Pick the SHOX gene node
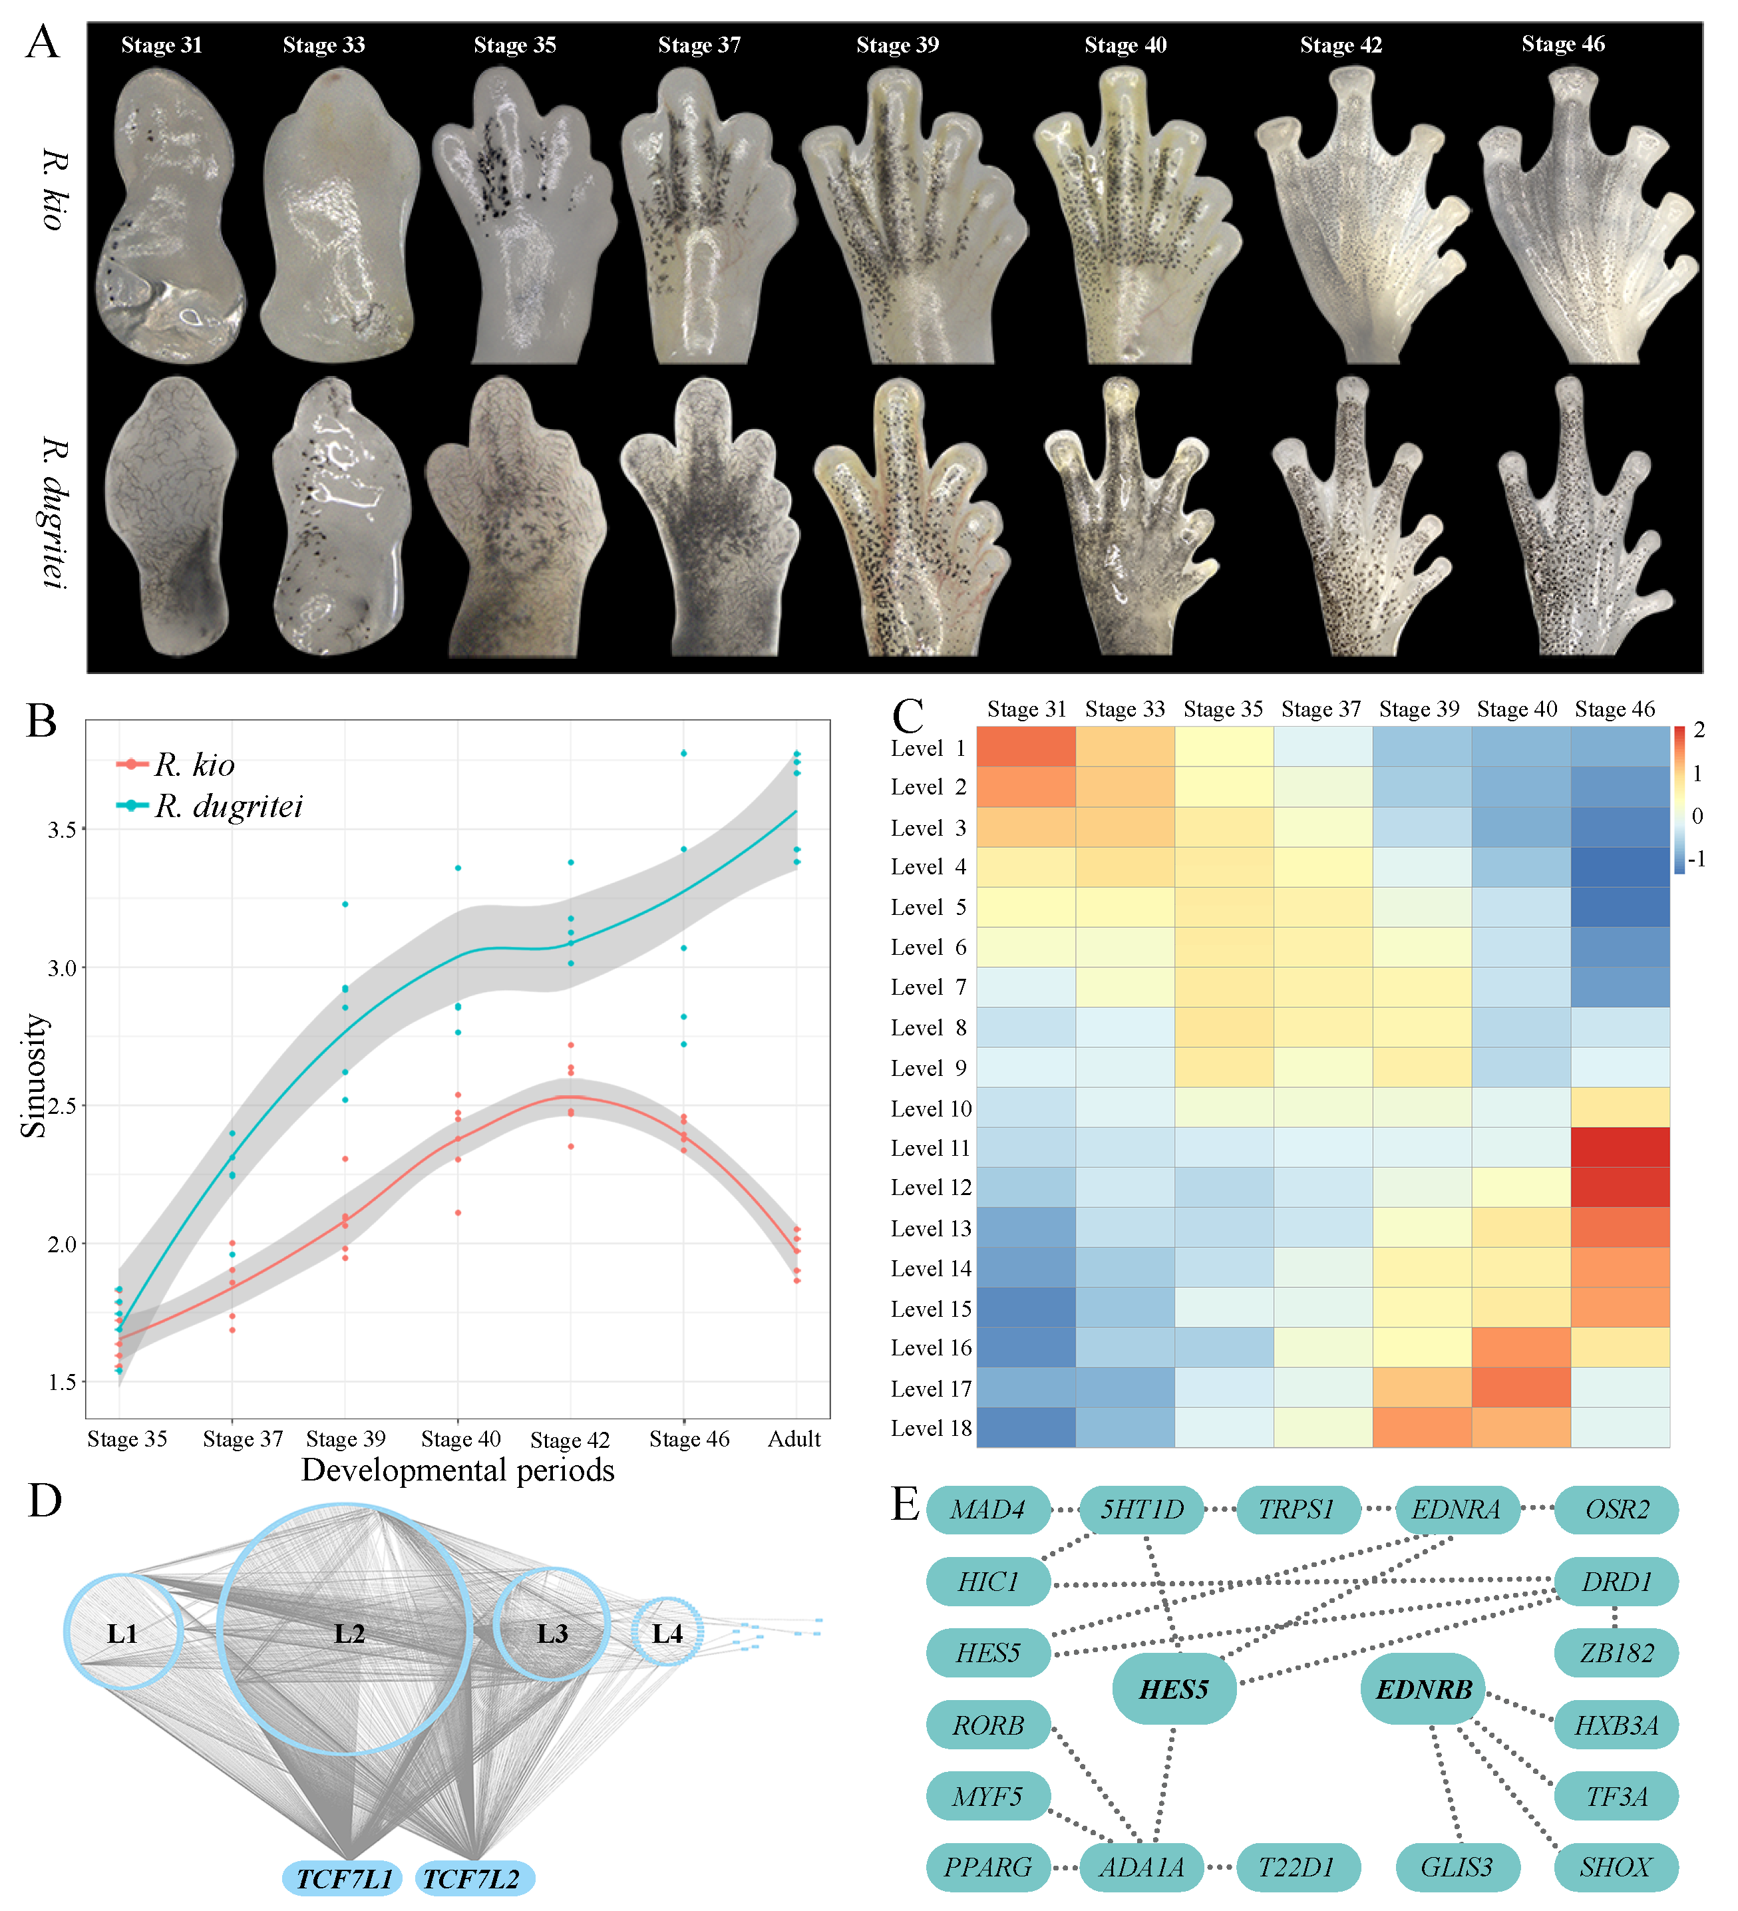click(x=1616, y=1866)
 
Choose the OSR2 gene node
click(x=1617, y=1509)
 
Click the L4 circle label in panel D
click(x=667, y=1634)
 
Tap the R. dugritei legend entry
click(x=228, y=806)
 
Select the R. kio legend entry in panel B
click(x=194, y=764)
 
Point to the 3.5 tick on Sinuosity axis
click(x=62, y=830)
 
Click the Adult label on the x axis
click(x=794, y=1439)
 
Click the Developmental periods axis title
click(x=457, y=1471)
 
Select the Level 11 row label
click(x=930, y=1148)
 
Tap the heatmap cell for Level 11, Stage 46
click(x=1620, y=1147)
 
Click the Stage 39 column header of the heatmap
click(x=1419, y=709)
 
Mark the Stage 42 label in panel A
click(x=1341, y=45)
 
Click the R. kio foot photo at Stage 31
click(x=170, y=218)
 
